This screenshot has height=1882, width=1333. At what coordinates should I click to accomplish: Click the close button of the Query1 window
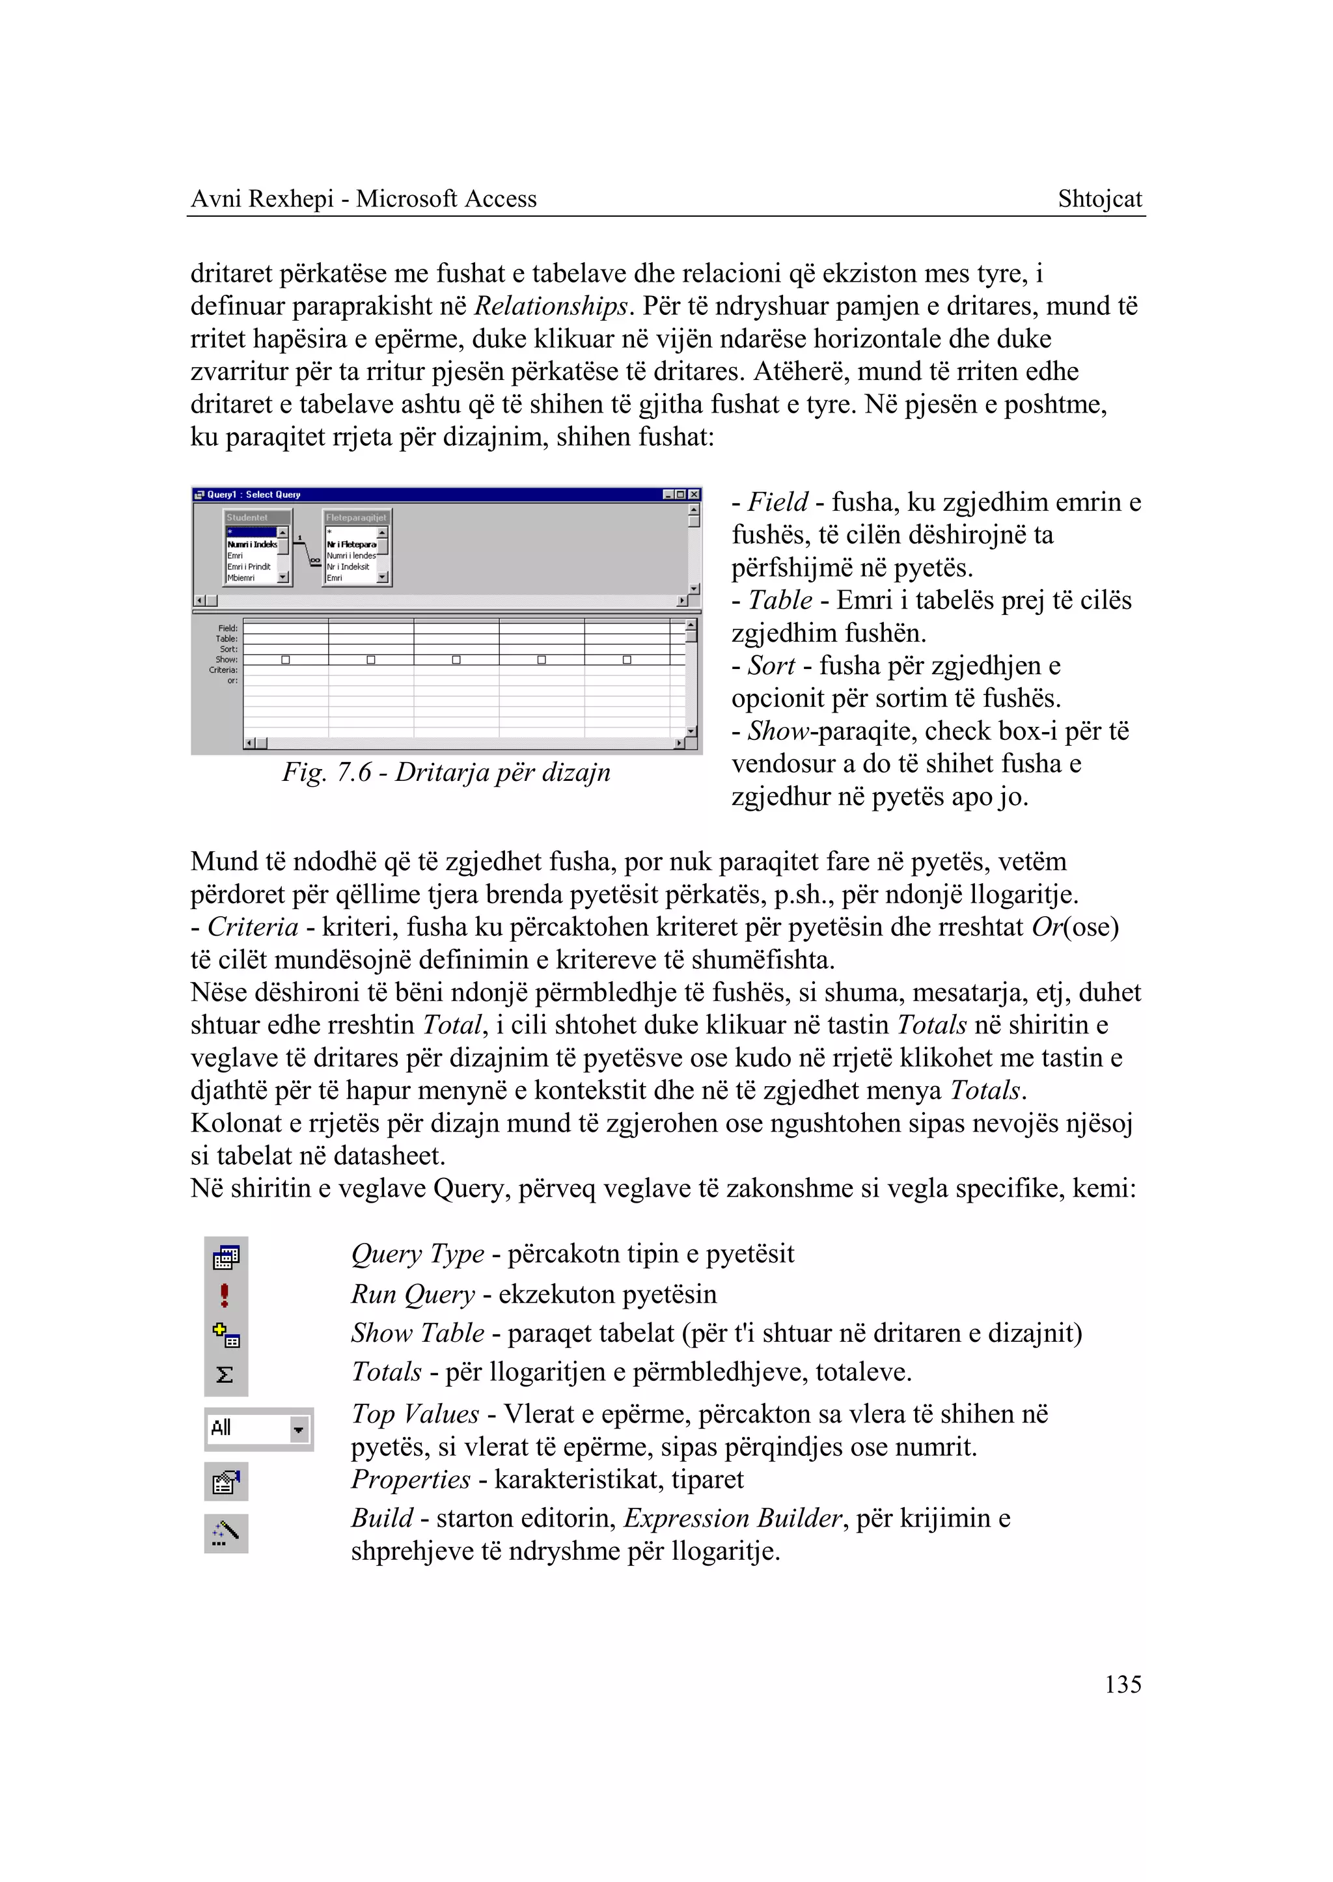pos(694,494)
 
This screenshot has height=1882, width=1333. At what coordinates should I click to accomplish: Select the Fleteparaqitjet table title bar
pos(356,517)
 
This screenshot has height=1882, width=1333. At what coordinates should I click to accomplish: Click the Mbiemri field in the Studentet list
pos(241,578)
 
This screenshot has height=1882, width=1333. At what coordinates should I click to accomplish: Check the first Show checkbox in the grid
pos(286,660)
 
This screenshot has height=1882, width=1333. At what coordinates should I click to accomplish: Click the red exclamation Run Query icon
pos(225,1295)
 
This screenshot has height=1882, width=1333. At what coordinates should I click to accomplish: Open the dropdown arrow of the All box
pos(299,1430)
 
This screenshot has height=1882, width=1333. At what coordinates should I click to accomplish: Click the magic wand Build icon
pos(226,1531)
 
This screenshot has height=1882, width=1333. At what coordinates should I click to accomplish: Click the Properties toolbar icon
pos(226,1482)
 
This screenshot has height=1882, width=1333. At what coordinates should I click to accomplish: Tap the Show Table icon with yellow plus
pos(226,1335)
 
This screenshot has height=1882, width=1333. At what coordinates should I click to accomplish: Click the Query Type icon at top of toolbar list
pos(226,1257)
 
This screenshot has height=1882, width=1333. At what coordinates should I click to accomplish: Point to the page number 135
pos(1122,1685)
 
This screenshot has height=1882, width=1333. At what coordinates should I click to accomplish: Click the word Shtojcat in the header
pos(1099,198)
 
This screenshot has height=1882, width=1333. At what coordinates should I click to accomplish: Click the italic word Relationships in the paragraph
pos(551,306)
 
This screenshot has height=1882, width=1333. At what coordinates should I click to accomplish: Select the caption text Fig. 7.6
pos(327,772)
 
